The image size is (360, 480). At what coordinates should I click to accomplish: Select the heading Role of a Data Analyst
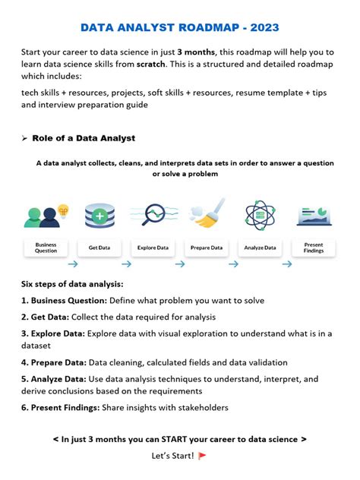[x=84, y=137]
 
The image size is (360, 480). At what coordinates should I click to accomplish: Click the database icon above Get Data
[x=99, y=216]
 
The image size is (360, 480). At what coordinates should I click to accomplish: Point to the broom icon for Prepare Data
[x=207, y=215]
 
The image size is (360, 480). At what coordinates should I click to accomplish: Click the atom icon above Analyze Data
[x=260, y=216]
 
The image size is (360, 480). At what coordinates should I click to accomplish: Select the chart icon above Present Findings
[x=313, y=216]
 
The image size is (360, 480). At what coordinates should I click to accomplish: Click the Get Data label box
[x=99, y=248]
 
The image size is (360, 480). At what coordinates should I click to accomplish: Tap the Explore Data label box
[x=153, y=248]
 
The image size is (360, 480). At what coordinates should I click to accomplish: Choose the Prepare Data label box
[x=207, y=248]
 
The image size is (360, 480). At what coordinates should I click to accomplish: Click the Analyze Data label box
[x=260, y=248]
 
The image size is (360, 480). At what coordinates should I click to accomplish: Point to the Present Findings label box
[x=313, y=248]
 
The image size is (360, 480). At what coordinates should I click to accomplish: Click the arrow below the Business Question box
[x=72, y=264]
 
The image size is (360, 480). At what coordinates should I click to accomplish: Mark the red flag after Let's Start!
[x=202, y=456]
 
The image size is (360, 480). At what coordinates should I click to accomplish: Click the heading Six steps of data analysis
[x=72, y=284]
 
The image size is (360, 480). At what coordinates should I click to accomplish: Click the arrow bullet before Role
[x=24, y=138]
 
